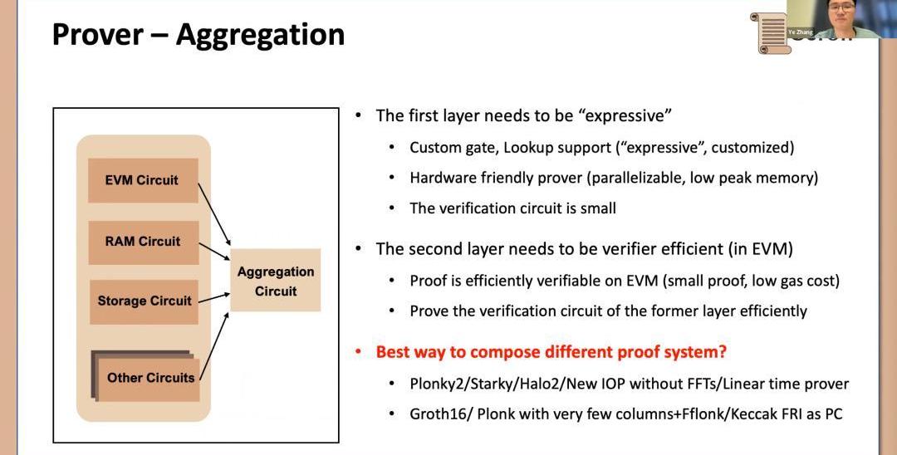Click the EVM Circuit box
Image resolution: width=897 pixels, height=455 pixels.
pos(142,180)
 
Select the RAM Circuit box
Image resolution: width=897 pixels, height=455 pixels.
pos(143,242)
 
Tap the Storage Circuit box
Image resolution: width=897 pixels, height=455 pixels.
pos(144,301)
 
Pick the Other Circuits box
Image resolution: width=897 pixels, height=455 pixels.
pos(150,378)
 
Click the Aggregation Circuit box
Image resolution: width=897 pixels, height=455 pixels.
pos(275,281)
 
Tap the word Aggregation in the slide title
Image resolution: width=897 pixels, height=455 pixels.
pos(260,34)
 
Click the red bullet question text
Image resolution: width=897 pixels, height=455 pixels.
pos(551,352)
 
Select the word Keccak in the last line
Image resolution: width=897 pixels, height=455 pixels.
pos(747,413)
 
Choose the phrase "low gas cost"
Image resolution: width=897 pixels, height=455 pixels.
pos(797,281)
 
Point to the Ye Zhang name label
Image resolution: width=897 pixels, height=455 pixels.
pos(801,31)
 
